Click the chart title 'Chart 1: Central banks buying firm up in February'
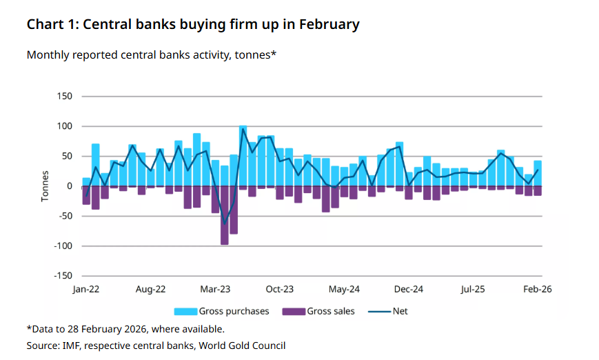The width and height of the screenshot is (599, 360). [x=193, y=25]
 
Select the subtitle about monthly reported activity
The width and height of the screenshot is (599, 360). [x=151, y=54]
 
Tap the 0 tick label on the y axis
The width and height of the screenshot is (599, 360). [x=69, y=186]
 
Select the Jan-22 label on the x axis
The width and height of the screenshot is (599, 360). [x=86, y=290]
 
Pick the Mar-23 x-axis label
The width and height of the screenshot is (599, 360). [x=215, y=290]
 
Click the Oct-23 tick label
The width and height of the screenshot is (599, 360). [x=280, y=290]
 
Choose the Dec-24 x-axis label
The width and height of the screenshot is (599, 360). [x=409, y=290]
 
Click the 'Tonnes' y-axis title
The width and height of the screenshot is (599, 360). [x=45, y=186]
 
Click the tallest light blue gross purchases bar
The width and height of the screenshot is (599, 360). [x=243, y=156]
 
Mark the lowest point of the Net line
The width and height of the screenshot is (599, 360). [x=224, y=223]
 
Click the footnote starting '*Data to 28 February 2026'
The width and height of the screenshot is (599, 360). [x=125, y=329]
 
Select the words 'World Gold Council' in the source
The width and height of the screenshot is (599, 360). [x=243, y=346]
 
